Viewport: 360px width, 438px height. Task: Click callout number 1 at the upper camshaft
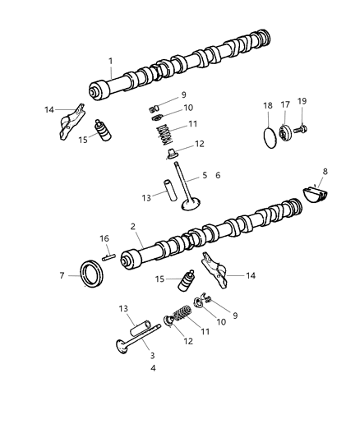[110, 61]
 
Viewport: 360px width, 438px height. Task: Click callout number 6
[218, 175]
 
